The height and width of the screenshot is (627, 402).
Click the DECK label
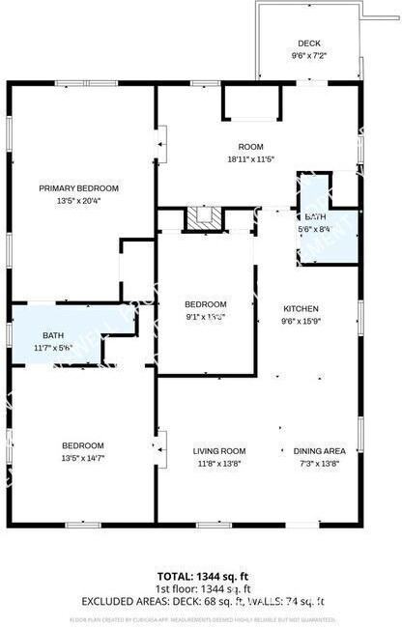pos(308,43)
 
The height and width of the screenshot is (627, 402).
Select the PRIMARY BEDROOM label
pos(78,187)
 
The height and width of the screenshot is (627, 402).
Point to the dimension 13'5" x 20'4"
pos(78,201)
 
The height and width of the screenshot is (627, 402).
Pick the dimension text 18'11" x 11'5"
pos(251,159)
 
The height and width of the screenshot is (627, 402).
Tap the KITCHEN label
pos(300,309)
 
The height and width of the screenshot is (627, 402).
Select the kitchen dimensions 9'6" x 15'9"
pos(300,322)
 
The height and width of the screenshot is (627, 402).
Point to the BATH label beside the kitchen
pos(316,217)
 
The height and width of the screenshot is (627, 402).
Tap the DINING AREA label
pos(320,450)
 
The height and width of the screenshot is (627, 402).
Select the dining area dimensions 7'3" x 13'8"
pos(320,464)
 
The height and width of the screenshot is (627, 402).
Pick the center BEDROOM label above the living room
pos(205,303)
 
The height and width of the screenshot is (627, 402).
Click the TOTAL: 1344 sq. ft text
pos(201,578)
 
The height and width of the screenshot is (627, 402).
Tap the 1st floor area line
pos(201,589)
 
